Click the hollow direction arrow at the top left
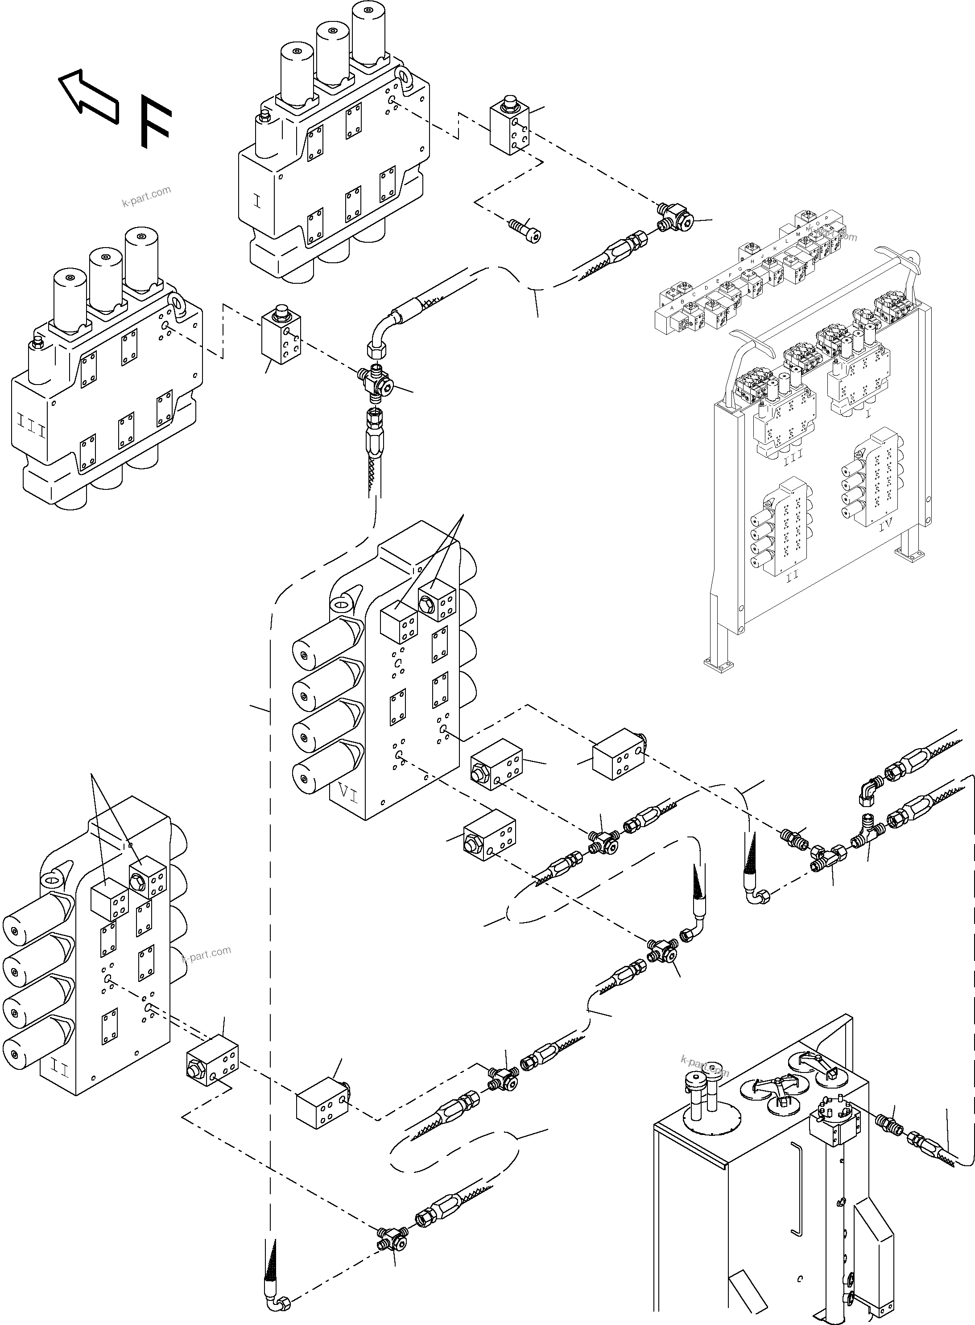[88, 97]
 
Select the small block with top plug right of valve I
[509, 130]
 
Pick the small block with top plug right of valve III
[281, 334]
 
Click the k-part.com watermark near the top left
[146, 197]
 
